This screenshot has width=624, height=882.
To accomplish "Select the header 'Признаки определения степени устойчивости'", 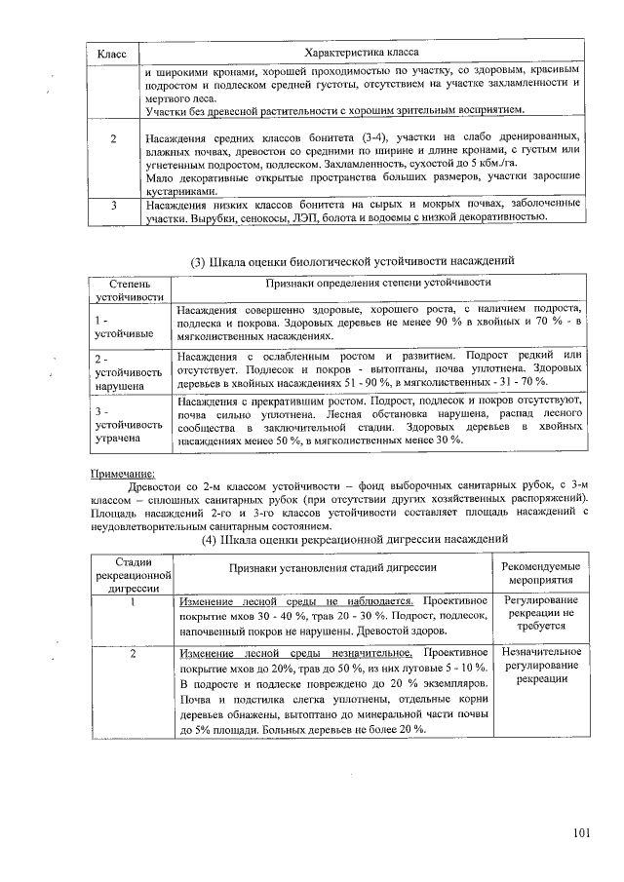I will (x=380, y=282).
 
